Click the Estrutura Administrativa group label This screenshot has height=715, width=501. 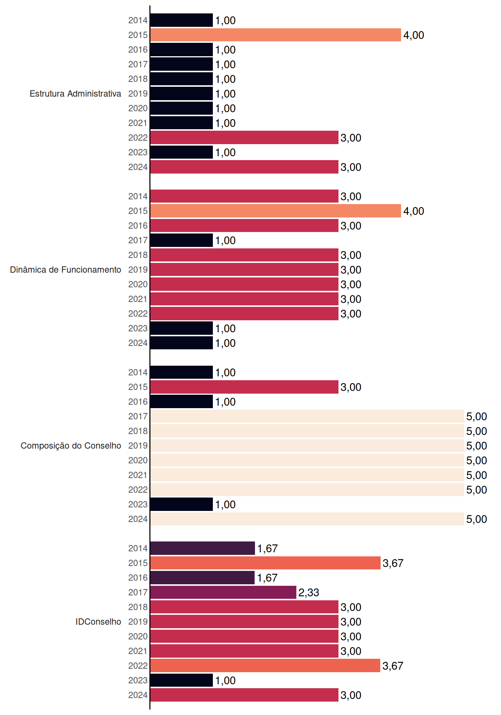pyautogui.click(x=75, y=93)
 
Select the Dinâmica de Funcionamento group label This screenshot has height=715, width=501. pyautogui.click(x=66, y=270)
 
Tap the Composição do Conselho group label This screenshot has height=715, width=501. pyautogui.click(x=71, y=446)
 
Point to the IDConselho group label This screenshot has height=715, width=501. pyautogui.click(x=98, y=622)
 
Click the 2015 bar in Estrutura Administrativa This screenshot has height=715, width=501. pyautogui.click(x=275, y=35)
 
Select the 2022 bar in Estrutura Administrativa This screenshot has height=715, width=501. pyautogui.click(x=244, y=137)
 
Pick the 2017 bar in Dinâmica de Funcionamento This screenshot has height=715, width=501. pyautogui.click(x=182, y=240)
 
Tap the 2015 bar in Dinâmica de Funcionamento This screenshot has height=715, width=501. pyautogui.click(x=275, y=211)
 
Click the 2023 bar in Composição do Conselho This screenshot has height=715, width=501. pyautogui.click(x=182, y=504)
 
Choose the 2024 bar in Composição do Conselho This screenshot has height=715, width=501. pyautogui.click(x=307, y=519)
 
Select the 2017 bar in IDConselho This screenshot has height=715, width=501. pyautogui.click(x=223, y=592)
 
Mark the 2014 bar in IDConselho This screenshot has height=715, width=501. pyautogui.click(x=202, y=548)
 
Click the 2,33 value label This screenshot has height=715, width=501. pyautogui.click(x=309, y=592)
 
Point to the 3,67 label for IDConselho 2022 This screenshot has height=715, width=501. pyautogui.click(x=393, y=666)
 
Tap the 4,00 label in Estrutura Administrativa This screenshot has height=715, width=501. pyautogui.click(x=414, y=35)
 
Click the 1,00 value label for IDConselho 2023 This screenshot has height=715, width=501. pyautogui.click(x=226, y=680)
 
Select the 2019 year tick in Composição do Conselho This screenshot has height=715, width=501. pyautogui.click(x=138, y=446)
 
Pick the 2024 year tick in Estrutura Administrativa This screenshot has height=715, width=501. pyautogui.click(x=138, y=167)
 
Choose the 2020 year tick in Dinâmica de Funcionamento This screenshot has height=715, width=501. pyautogui.click(x=138, y=285)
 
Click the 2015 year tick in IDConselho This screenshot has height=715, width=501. pyautogui.click(x=138, y=563)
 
